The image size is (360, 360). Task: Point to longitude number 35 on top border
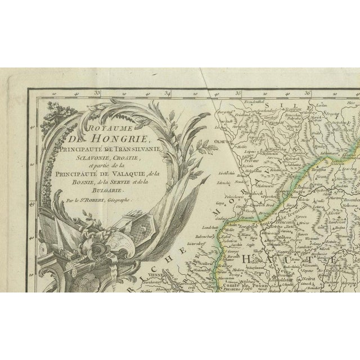point(238,93)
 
